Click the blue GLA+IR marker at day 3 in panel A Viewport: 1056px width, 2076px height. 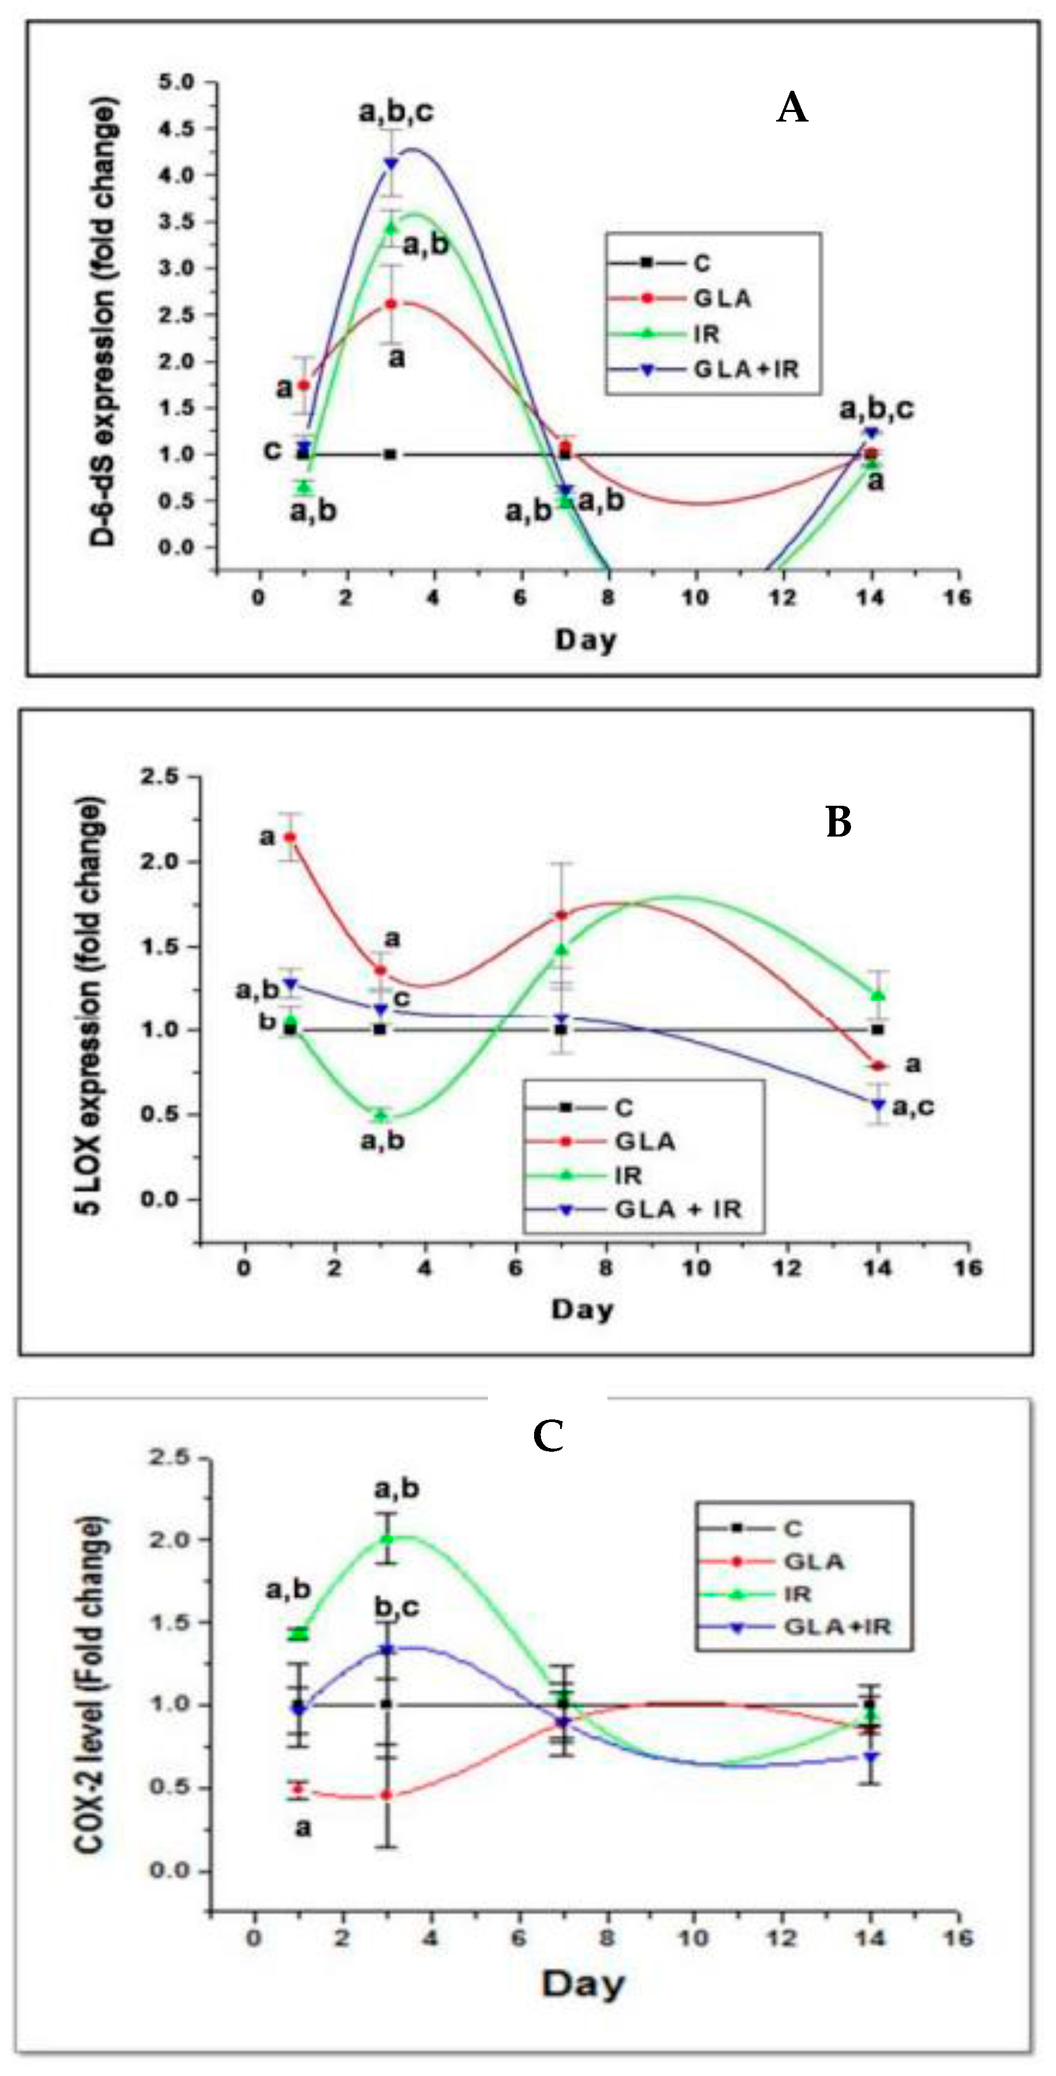[x=391, y=163]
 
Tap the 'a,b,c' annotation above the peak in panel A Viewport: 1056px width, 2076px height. [x=396, y=112]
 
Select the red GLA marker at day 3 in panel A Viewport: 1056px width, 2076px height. [x=390, y=304]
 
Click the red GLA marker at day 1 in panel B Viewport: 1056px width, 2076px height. [x=289, y=837]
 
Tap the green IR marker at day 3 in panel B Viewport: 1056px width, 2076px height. [x=381, y=1115]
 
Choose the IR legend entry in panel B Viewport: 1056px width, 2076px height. [x=629, y=1175]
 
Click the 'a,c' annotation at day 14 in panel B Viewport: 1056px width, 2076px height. [x=913, y=1107]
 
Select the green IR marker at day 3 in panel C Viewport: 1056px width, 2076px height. [x=388, y=1539]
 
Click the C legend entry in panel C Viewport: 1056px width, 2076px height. [x=793, y=1528]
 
